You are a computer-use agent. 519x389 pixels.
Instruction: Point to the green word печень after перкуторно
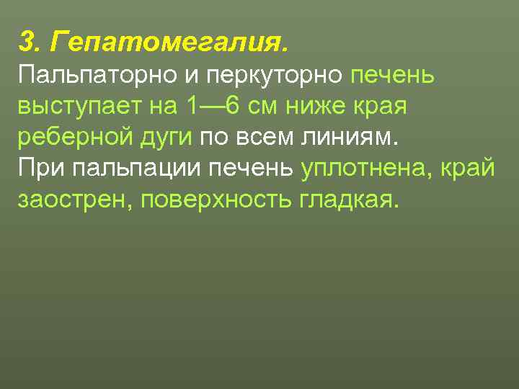[392, 75]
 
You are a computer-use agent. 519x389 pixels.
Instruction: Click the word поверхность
[216, 199]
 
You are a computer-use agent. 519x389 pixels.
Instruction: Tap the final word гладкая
[347, 199]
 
